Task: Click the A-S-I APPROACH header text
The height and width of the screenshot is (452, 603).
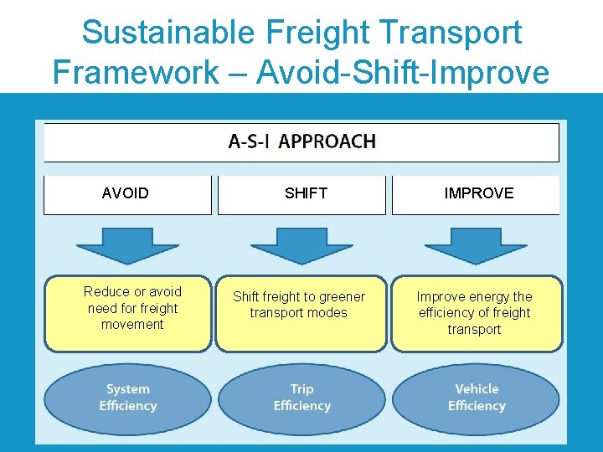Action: pyautogui.click(x=301, y=141)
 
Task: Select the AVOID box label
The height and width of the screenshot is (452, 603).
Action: pyautogui.click(x=125, y=193)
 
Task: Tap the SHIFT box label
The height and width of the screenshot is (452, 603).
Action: pyautogui.click(x=306, y=193)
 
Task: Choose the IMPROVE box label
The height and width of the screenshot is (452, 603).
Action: pyautogui.click(x=478, y=193)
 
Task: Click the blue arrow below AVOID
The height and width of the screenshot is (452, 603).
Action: pyautogui.click(x=126, y=244)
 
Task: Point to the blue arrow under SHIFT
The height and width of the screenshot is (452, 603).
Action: pyautogui.click(x=301, y=244)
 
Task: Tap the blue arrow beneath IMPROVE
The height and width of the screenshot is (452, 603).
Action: pyautogui.click(x=476, y=244)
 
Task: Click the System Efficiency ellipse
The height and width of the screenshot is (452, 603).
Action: pyautogui.click(x=127, y=398)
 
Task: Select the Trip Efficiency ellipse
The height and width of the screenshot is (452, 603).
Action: pyautogui.click(x=301, y=398)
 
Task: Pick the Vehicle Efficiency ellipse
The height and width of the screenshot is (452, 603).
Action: pyautogui.click(x=476, y=398)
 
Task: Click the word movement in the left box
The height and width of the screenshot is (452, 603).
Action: pyautogui.click(x=132, y=325)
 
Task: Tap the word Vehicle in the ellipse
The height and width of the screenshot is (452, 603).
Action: pyautogui.click(x=477, y=389)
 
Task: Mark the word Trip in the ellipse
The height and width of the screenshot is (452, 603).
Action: pyautogui.click(x=301, y=389)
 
